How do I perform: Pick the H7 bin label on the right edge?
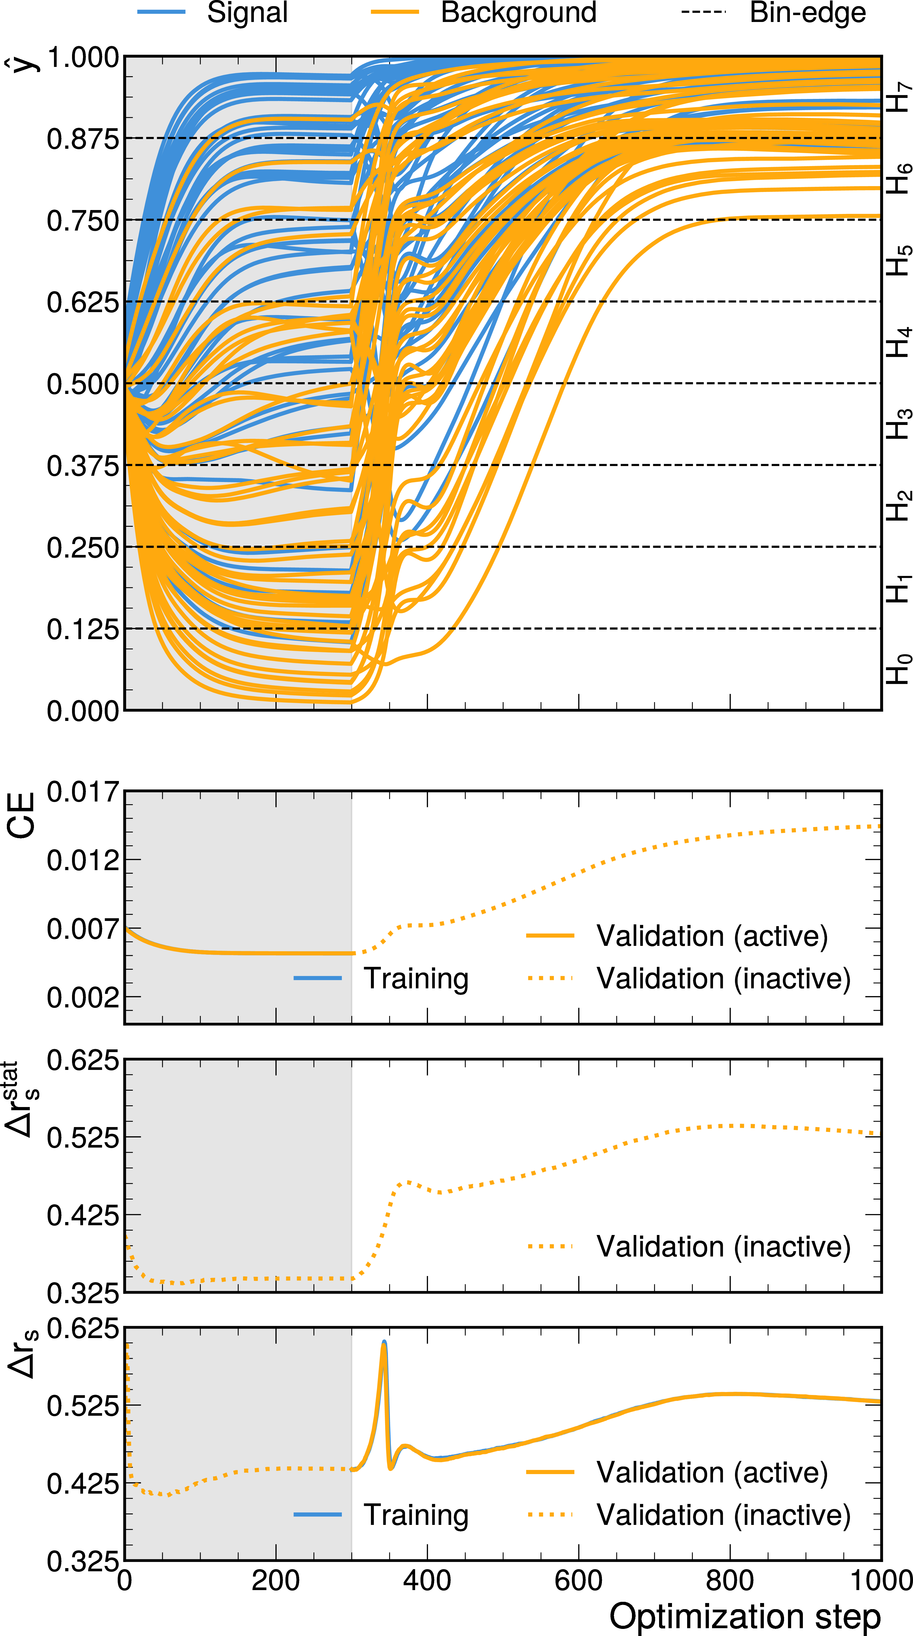pyautogui.click(x=898, y=97)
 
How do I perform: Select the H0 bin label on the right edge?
pyautogui.click(x=898, y=669)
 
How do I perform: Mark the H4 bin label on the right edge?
pyautogui.click(x=898, y=342)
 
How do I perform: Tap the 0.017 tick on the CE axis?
pyautogui.click(x=83, y=792)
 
